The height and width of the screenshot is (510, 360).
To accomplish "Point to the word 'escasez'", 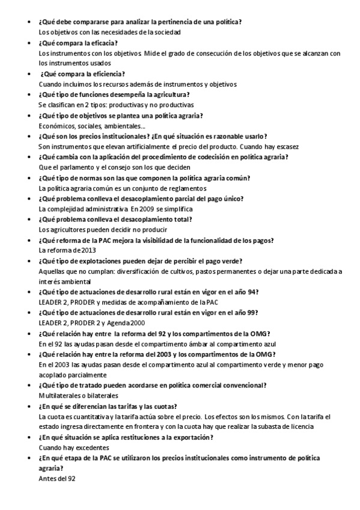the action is [x=285, y=147].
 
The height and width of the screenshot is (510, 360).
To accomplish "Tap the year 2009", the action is [x=147, y=209].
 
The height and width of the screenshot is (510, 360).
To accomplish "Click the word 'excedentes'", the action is [x=91, y=447].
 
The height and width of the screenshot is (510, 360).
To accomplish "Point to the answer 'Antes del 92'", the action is [x=57, y=479].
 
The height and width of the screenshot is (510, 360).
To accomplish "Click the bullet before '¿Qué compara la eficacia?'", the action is [x=30, y=43].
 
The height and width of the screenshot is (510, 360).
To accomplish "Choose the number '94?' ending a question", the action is [x=253, y=292].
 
